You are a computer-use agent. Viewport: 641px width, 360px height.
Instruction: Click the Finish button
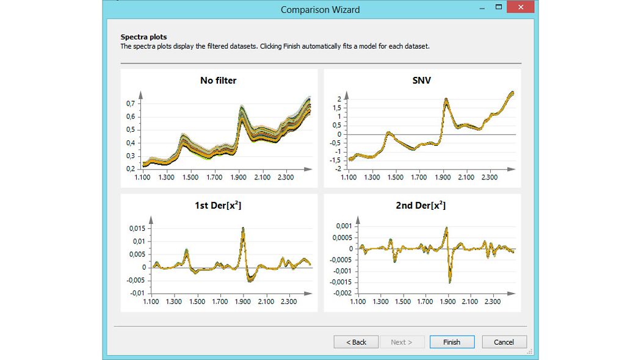452,342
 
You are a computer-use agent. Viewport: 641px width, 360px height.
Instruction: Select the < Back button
356,342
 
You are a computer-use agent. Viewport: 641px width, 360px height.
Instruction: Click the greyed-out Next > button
401,342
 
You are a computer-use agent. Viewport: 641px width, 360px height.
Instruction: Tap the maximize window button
499,7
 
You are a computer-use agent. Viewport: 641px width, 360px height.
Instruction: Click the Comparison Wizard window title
320,9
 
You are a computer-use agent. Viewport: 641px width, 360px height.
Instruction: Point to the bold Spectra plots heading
143,37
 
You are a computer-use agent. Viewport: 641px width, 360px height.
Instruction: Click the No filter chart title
218,80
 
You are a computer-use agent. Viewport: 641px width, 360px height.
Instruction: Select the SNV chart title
422,80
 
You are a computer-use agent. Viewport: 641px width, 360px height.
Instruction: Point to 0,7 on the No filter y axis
130,104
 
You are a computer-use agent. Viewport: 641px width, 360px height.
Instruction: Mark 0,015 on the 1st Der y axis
137,228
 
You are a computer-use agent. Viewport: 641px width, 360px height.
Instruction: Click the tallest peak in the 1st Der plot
243,228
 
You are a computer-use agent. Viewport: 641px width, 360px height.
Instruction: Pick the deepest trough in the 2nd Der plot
449,282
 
